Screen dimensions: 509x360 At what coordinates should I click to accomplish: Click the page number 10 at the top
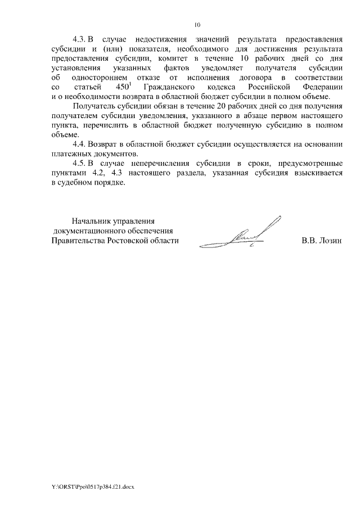point(197,25)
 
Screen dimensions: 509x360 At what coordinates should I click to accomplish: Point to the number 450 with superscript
point(122,87)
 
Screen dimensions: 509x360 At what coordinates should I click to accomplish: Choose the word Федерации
point(319,87)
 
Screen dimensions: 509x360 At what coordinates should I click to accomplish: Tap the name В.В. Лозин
point(321,241)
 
